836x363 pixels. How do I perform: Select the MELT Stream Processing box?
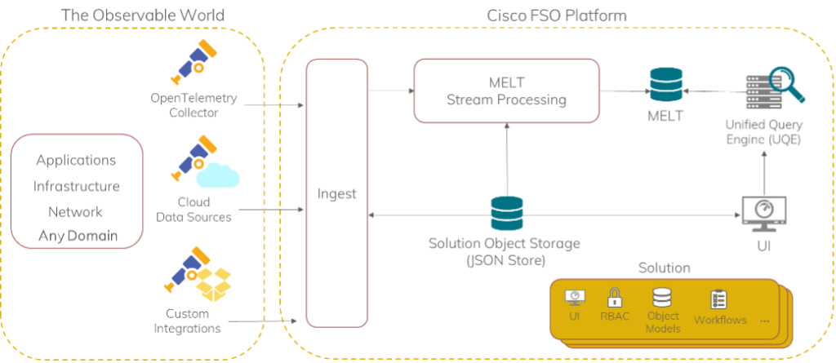506,91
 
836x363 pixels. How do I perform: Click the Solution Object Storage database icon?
507,213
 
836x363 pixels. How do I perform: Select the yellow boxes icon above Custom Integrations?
215,285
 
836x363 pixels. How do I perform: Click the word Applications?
76,160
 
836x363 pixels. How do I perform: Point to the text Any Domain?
78,236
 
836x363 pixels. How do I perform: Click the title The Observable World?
142,15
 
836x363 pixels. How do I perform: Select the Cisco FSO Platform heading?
557,15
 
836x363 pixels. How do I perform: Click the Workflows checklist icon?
718,299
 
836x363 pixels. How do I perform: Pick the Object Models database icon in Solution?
661,297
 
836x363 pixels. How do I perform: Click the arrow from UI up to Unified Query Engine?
764,172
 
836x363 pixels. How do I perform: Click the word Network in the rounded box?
75,211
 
